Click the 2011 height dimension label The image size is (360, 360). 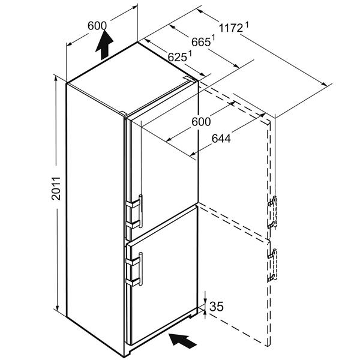[x=56, y=188]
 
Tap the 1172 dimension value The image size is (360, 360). [x=231, y=28]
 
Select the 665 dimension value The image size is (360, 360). [x=201, y=42]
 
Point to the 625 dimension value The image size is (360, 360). [x=177, y=57]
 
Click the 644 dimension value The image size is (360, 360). [x=221, y=139]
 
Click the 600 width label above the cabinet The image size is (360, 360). [x=97, y=26]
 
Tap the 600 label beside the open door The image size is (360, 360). [x=201, y=121]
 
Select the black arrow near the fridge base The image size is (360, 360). [x=182, y=342]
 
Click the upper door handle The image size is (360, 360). [x=140, y=211]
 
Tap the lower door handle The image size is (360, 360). [x=140, y=269]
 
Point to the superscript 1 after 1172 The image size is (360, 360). [x=247, y=25]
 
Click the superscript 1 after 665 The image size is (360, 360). [x=213, y=37]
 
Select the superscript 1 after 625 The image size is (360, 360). [x=190, y=53]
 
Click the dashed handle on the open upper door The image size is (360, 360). [x=272, y=212]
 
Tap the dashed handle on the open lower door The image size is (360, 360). [x=272, y=265]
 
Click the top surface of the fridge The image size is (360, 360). [x=132, y=79]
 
